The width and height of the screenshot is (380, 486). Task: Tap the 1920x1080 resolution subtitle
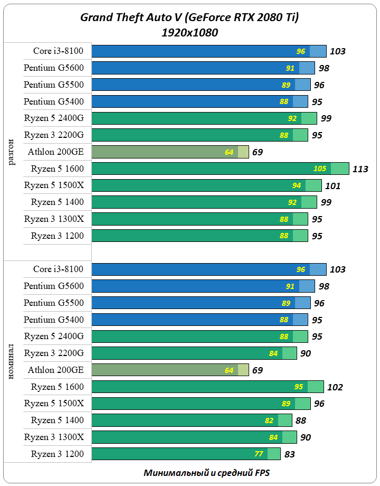point(190,33)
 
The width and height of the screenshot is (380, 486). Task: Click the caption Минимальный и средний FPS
point(207,473)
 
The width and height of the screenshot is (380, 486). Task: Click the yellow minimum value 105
point(320,169)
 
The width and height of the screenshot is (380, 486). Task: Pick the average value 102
point(335,387)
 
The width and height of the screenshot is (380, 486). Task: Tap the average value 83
point(289,454)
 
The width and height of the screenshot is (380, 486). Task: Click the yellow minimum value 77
point(259,454)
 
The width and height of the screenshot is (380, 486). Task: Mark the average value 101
point(333,186)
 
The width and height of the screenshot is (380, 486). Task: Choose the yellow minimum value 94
point(297,186)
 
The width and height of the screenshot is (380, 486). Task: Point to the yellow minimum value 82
point(269,420)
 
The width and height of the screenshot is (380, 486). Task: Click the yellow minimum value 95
point(299,387)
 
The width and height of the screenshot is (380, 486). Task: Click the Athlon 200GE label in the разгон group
point(56,152)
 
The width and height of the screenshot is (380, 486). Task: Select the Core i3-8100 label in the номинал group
point(58,269)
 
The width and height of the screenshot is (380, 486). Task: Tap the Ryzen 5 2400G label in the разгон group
point(54,118)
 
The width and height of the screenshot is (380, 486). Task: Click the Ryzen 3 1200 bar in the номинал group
point(179,454)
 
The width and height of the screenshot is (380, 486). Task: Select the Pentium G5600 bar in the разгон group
point(195,68)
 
